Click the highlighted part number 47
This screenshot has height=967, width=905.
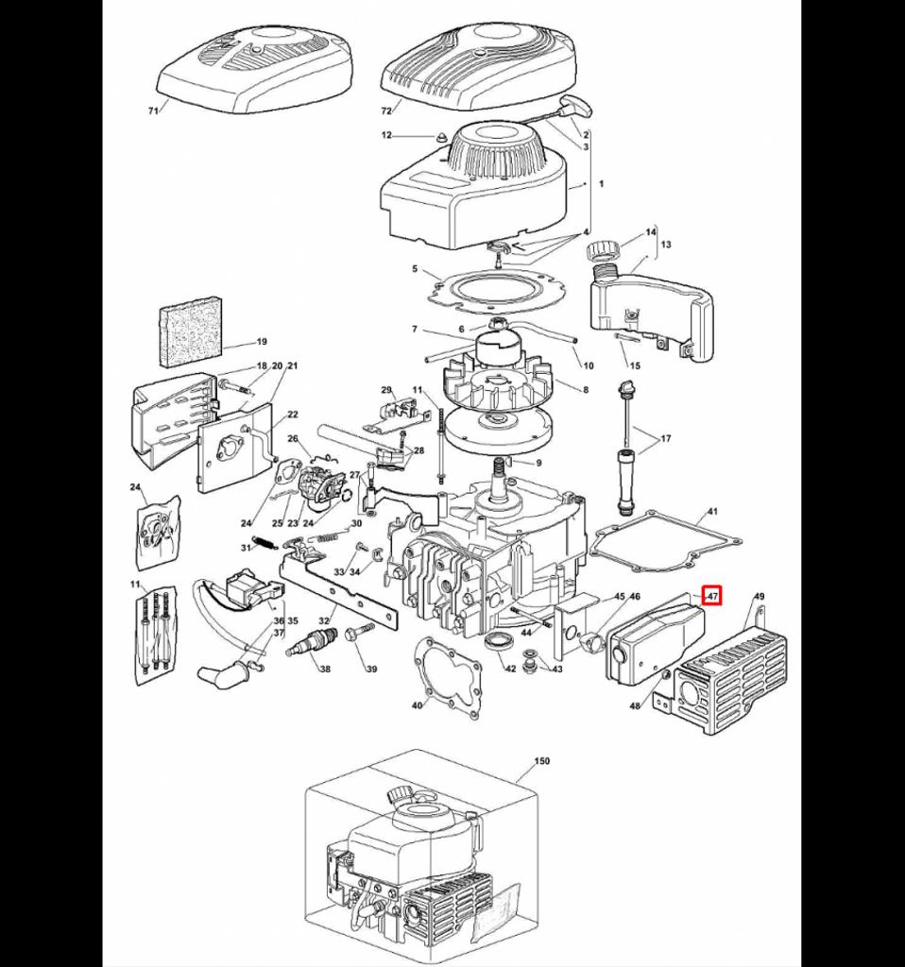tap(712, 596)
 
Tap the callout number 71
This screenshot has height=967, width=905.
tap(153, 110)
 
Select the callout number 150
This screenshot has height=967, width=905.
tap(541, 760)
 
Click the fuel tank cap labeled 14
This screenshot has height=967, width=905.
tap(602, 252)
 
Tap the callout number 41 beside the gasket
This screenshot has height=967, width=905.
tap(712, 512)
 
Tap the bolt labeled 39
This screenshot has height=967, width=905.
tap(358, 634)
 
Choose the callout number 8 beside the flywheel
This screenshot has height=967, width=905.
tap(586, 389)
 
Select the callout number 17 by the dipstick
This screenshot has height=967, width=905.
tap(665, 438)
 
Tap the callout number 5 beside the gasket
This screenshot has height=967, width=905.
tap(414, 269)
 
